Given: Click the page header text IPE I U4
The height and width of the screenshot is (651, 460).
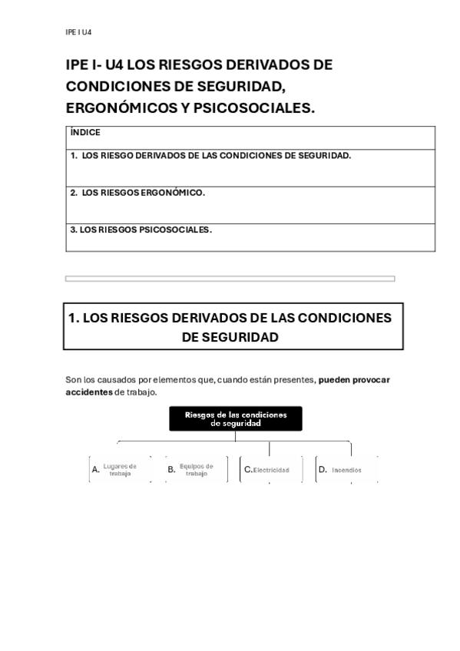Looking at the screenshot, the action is click(x=79, y=32).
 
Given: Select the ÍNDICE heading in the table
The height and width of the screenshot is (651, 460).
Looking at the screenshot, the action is click(x=85, y=132).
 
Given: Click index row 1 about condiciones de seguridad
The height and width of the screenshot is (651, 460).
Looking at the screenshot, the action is click(x=210, y=155).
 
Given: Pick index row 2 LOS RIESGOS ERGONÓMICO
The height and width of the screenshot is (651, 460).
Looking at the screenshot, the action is click(x=137, y=193).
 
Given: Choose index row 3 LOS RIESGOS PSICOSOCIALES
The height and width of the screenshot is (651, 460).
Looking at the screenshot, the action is click(x=141, y=229).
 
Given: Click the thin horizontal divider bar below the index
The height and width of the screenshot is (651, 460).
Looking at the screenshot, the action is click(x=230, y=279).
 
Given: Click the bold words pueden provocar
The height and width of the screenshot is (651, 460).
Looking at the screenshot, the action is click(x=354, y=379).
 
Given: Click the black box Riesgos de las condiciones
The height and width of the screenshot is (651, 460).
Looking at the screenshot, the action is click(x=236, y=418).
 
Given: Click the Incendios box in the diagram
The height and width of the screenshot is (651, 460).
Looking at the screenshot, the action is click(x=346, y=469).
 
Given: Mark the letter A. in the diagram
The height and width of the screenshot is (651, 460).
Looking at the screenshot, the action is click(x=96, y=469).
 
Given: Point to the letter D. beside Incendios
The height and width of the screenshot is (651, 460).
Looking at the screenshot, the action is click(x=323, y=468).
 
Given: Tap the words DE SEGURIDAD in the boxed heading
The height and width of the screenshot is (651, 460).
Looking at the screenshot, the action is click(x=230, y=337).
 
